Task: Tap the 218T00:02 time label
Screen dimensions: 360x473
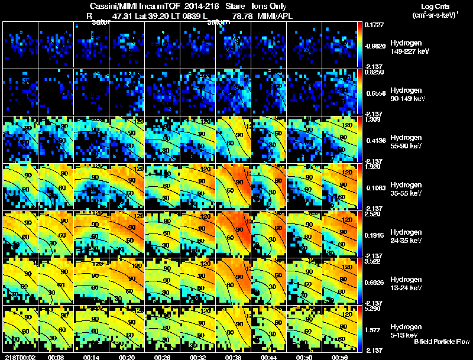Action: point(18,356)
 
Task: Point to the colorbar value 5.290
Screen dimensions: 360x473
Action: point(372,308)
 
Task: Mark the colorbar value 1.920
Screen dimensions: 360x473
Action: point(372,167)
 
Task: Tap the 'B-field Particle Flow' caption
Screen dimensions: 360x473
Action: point(441,342)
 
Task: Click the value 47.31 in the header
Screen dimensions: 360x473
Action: point(128,17)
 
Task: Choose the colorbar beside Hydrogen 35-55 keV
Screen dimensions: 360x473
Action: point(359,187)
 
